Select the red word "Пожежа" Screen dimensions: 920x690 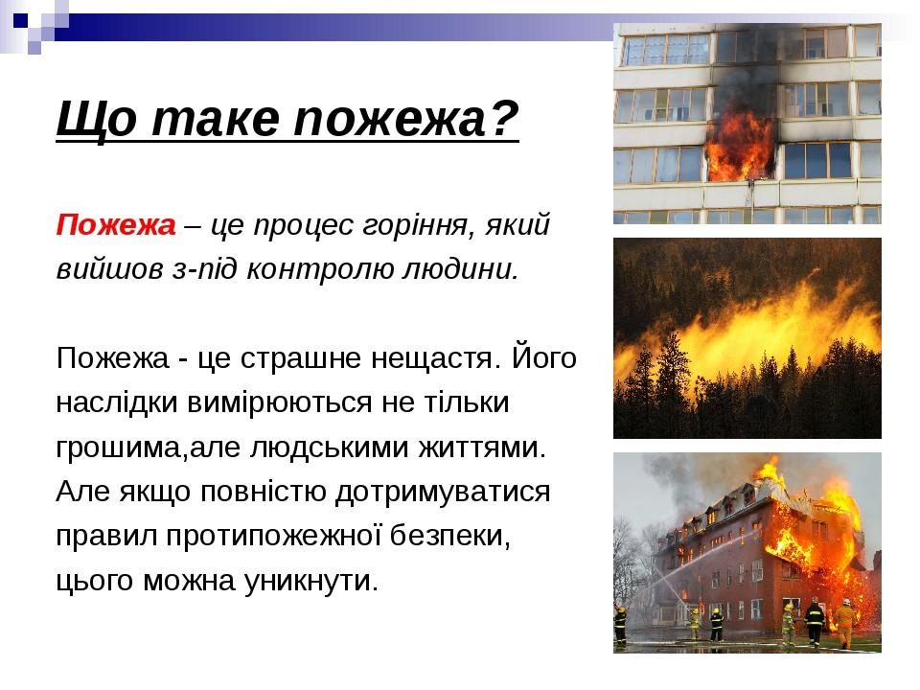(116, 225)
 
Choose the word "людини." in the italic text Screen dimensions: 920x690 (461, 270)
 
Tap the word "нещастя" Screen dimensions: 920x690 (437, 358)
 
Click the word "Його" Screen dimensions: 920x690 (544, 358)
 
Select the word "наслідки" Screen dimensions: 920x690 (117, 403)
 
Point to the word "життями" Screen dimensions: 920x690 (482, 448)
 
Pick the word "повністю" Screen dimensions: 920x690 (263, 492)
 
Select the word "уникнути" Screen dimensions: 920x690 (310, 582)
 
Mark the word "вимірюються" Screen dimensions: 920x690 (279, 403)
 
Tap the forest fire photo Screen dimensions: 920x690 (747, 338)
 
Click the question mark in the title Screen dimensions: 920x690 (504, 119)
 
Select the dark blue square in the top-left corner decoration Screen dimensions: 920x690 (20, 20)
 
